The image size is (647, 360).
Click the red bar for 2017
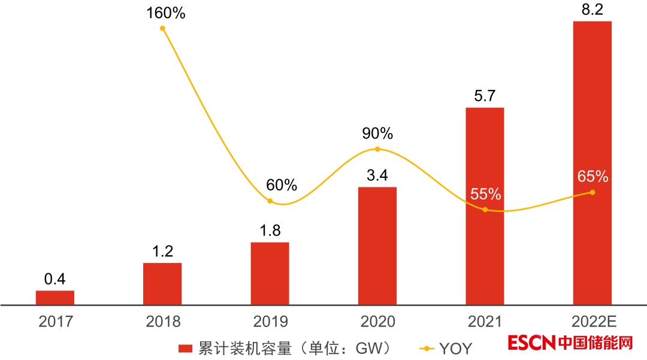tap(55, 298)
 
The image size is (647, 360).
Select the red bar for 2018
tap(162, 284)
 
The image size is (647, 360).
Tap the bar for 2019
tap(270, 274)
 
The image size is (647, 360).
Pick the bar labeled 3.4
tap(377, 246)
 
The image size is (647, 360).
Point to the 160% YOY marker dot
tap(162, 28)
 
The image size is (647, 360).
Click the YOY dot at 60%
tap(270, 201)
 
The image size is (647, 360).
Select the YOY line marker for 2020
tap(377, 149)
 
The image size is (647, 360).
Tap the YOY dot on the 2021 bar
tap(485, 210)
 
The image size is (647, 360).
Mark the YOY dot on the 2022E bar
tap(592, 192)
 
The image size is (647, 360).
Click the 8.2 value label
tap(592, 10)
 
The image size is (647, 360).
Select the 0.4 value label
tap(55, 279)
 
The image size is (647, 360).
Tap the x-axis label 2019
tap(270, 322)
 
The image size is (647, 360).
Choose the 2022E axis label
tap(592, 322)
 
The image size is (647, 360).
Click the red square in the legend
tap(185, 348)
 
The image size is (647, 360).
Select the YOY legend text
tap(455, 348)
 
